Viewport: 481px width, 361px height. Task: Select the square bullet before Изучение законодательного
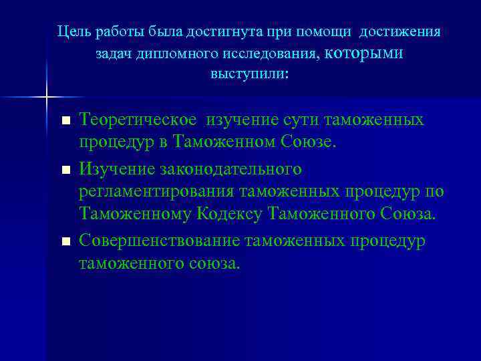(65, 170)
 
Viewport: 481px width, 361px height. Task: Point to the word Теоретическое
(138, 120)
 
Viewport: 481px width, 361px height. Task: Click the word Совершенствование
(160, 239)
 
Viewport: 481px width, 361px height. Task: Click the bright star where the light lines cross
(47, 98)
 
